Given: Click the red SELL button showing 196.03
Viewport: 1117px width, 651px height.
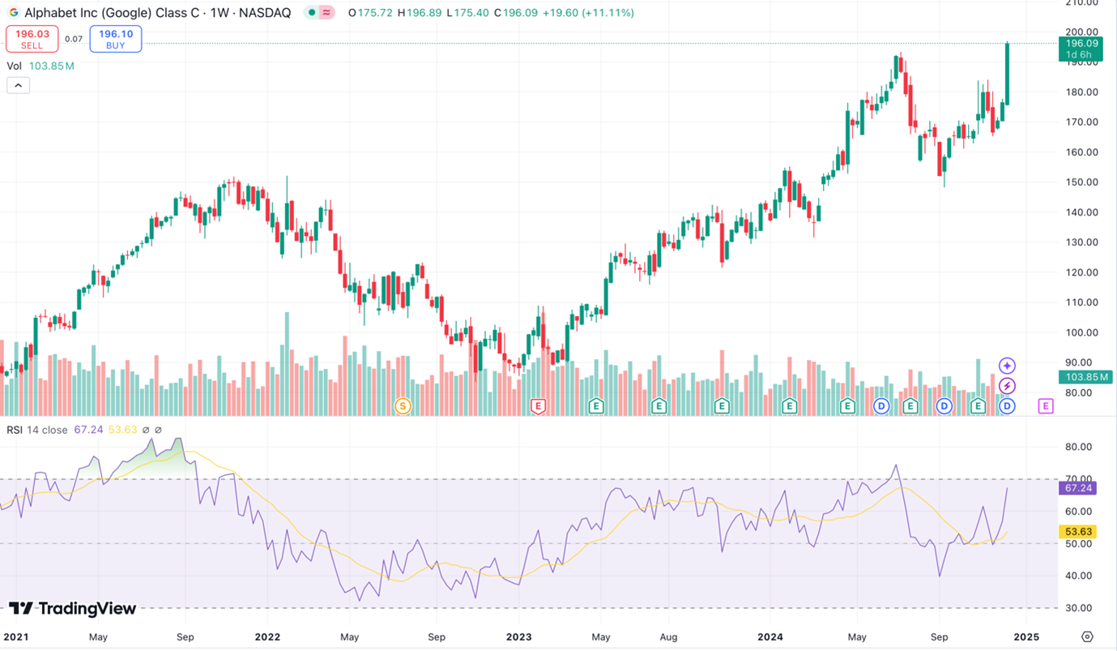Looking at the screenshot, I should (32, 39).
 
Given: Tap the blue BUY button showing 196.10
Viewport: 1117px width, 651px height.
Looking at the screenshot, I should (116, 39).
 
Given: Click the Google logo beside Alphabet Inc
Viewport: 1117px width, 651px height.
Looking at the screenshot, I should (13, 13).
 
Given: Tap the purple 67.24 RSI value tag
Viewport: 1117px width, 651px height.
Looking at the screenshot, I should (1079, 488).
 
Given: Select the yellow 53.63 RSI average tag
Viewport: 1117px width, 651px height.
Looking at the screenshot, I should (1079, 532).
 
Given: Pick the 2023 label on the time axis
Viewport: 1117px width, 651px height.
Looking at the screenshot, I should (519, 636).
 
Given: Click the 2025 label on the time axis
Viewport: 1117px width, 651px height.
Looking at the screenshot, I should (1026, 636).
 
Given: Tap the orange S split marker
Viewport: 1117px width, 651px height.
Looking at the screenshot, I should (403, 405).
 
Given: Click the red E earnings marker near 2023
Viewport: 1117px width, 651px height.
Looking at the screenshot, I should (537, 405).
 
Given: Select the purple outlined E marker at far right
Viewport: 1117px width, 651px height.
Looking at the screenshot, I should (1046, 405).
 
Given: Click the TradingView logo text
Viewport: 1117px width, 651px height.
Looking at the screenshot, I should (73, 608).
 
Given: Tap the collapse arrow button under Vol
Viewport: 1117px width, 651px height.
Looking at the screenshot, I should (18, 85).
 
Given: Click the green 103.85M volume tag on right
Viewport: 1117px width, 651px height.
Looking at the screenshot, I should (1081, 377).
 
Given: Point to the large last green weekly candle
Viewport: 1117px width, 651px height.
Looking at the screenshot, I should (1007, 73).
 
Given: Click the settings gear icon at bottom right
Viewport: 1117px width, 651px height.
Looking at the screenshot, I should (1087, 636).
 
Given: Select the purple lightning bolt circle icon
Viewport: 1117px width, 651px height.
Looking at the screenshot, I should (1007, 386).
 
